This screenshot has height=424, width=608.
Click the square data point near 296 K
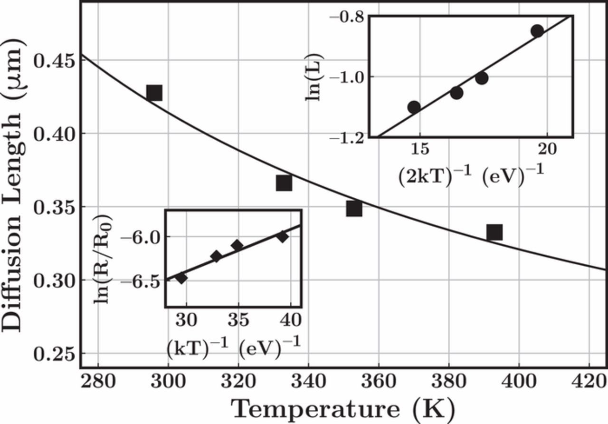tap(154, 93)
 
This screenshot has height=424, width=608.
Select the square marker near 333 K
tap(284, 183)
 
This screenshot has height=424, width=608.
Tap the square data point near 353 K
tap(354, 209)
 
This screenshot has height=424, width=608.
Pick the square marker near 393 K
tap(494, 232)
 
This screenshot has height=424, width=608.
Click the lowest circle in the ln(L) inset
tap(414, 107)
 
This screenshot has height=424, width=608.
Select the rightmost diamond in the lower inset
tap(283, 236)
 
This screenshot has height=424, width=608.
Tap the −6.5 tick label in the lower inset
tap(148, 280)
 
